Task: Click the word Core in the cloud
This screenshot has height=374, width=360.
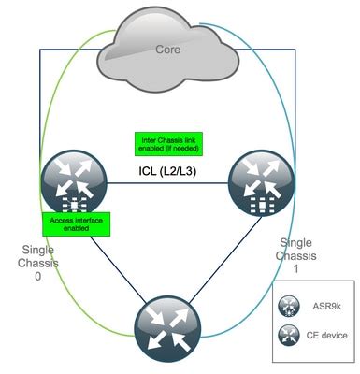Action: click(168, 48)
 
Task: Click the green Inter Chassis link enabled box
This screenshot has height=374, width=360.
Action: click(167, 143)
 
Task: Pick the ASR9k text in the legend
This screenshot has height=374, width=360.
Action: click(329, 306)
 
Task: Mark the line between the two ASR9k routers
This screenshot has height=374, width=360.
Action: click(168, 185)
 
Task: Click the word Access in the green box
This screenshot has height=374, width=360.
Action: click(65, 219)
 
